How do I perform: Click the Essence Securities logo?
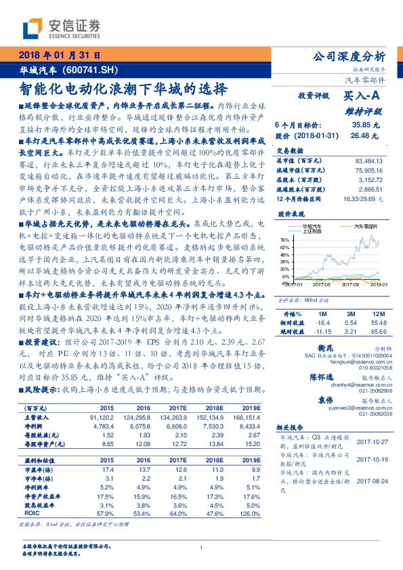coord(62,28)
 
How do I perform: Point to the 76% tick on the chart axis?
coord(286,239)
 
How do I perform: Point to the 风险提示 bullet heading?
coord(42,388)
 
